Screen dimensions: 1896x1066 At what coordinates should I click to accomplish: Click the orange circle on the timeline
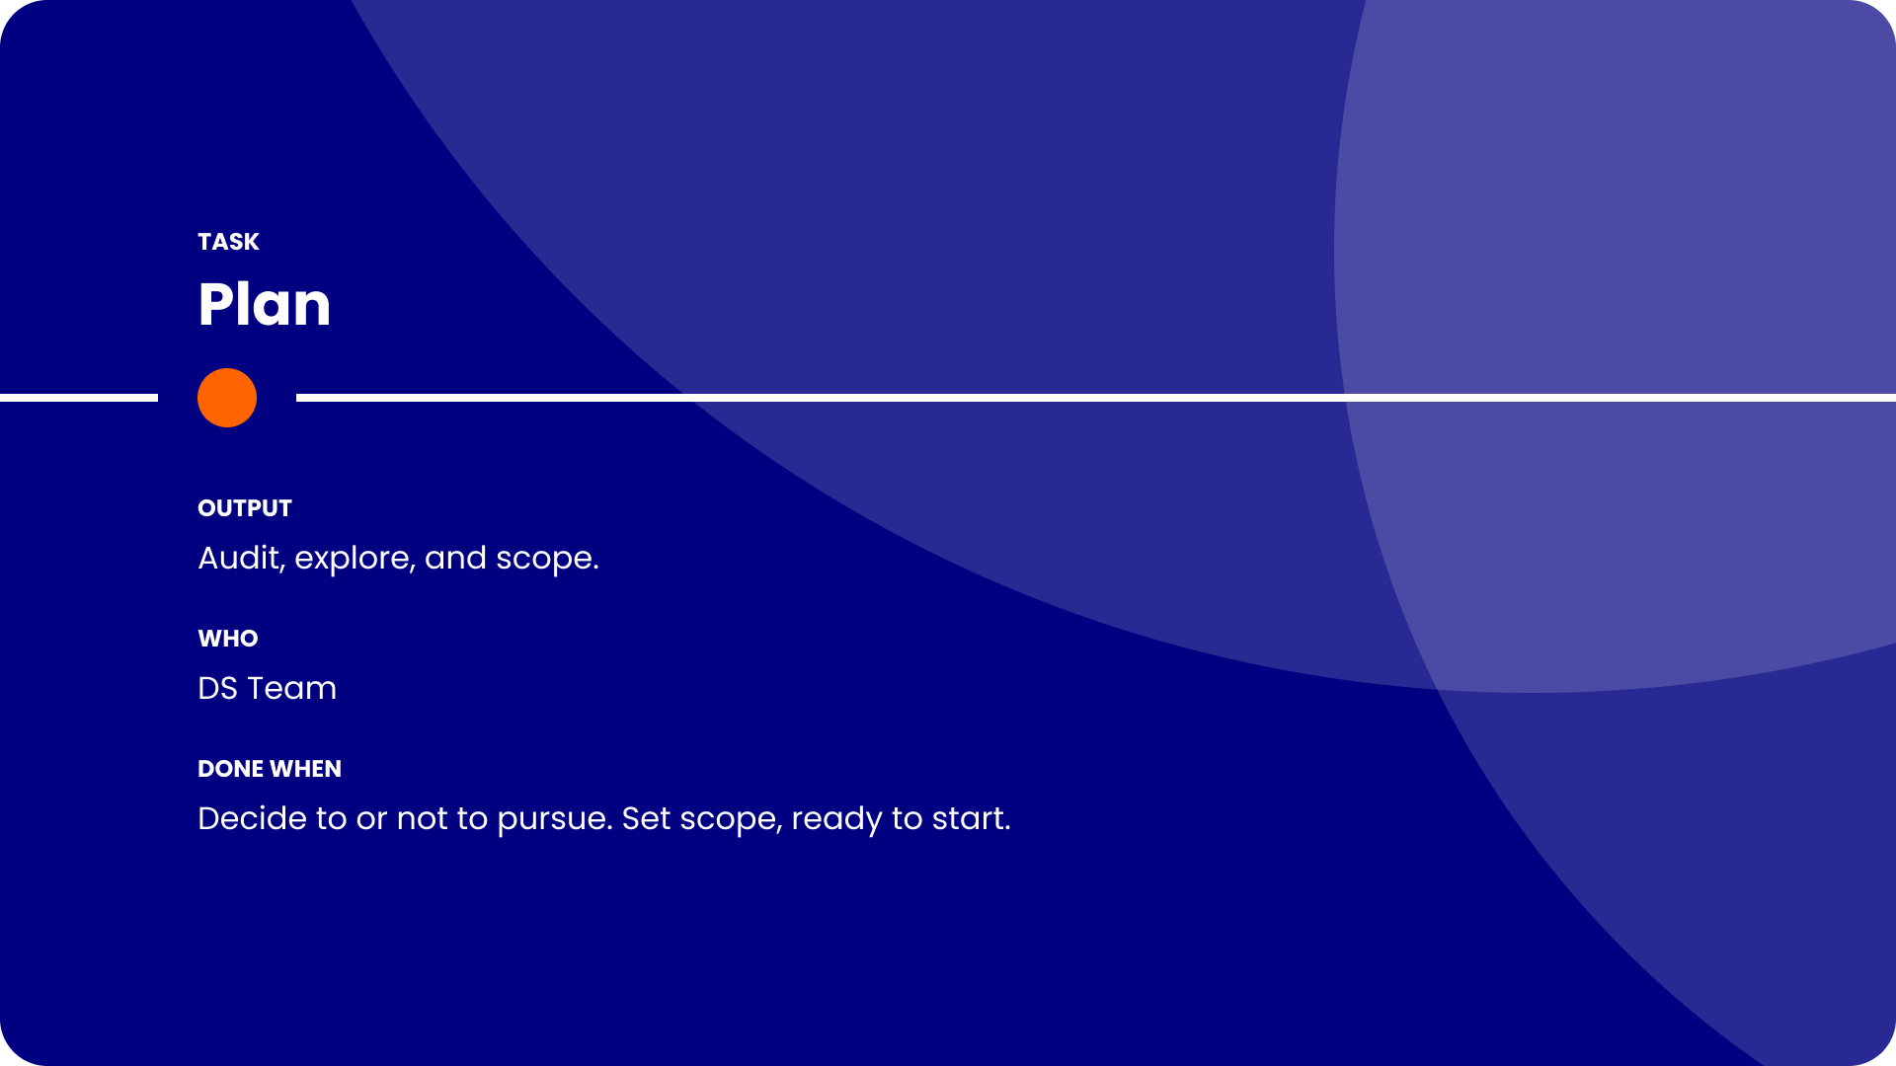click(227, 398)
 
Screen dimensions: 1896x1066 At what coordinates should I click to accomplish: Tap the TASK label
click(228, 242)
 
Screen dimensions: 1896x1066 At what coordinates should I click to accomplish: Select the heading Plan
click(264, 304)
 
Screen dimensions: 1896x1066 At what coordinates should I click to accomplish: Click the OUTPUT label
click(245, 508)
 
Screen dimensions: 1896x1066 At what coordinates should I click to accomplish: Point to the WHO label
click(228, 639)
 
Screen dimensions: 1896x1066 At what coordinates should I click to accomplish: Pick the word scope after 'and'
click(547, 560)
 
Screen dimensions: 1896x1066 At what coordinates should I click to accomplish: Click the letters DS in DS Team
click(217, 688)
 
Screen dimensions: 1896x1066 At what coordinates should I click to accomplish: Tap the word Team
click(292, 688)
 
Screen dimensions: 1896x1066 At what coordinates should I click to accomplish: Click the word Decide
click(252, 818)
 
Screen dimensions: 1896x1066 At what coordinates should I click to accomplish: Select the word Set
click(647, 818)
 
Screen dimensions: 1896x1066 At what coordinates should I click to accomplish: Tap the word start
click(972, 818)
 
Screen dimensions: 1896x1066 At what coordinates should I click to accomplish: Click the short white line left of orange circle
click(79, 398)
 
